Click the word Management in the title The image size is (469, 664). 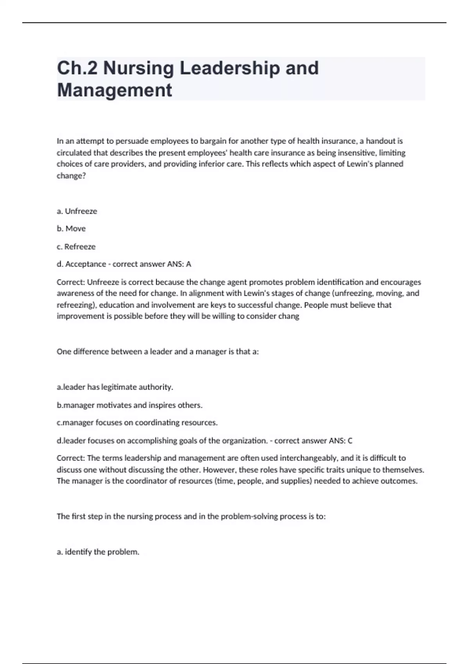coord(114,90)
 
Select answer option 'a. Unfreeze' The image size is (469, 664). coord(77,211)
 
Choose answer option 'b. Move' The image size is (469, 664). coord(71,228)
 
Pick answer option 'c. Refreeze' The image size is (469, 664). coord(76,246)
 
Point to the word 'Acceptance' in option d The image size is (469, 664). coord(86,264)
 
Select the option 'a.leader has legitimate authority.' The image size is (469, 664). coord(115,387)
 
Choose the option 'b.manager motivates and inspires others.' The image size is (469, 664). coord(129,405)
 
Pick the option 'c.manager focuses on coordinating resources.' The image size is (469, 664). coord(137,423)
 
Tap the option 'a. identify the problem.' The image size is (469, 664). coord(98,552)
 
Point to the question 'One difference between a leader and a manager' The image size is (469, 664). coord(158,352)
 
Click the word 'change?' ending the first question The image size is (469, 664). coord(71,176)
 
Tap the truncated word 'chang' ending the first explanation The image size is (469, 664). coord(288,316)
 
